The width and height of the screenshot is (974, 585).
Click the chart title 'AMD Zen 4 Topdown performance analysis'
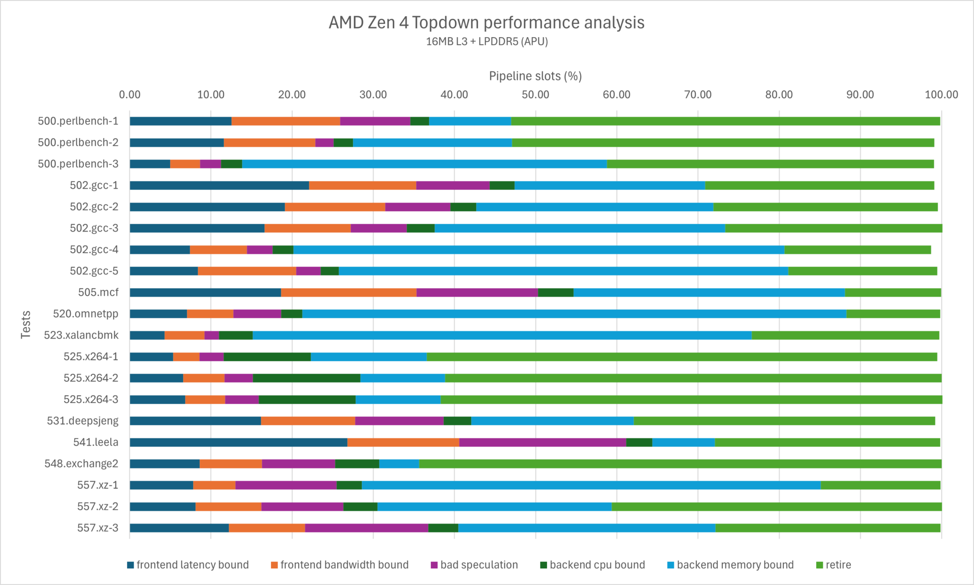pos(487,22)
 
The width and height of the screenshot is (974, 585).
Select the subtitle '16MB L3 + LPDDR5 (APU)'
pos(487,42)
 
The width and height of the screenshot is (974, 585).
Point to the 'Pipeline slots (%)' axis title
pos(536,76)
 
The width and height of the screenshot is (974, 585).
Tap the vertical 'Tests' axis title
pos(26,324)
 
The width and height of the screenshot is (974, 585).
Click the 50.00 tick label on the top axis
pos(536,95)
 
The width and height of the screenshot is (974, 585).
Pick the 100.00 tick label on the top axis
pos(941,95)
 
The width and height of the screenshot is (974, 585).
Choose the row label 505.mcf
pos(98,292)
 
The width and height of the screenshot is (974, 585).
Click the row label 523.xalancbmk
pos(81,335)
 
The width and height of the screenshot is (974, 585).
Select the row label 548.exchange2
pos(81,464)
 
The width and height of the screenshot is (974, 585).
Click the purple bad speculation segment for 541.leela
pos(543,442)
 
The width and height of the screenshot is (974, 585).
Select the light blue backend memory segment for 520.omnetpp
pos(574,314)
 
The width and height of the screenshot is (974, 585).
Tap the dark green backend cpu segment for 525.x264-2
pos(306,378)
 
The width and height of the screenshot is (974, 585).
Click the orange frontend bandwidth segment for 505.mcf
pos(349,292)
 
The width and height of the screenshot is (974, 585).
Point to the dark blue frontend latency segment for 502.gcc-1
pos(219,185)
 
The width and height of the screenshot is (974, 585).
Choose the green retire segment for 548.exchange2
pos(680,464)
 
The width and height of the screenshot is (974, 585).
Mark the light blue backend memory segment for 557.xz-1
pos(591,485)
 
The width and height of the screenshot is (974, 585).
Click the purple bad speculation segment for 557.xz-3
pos(367,528)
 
